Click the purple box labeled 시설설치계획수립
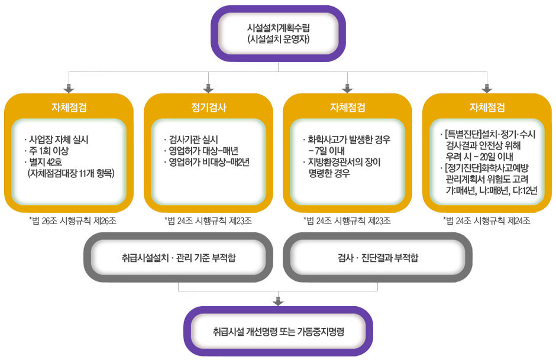(x=279, y=34)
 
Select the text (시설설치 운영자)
(x=279, y=40)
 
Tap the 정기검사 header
(x=208, y=108)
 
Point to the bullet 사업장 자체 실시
(x=59, y=140)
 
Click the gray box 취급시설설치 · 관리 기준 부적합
(x=179, y=258)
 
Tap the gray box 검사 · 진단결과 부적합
(x=377, y=258)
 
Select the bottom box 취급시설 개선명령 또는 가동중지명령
(x=279, y=331)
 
